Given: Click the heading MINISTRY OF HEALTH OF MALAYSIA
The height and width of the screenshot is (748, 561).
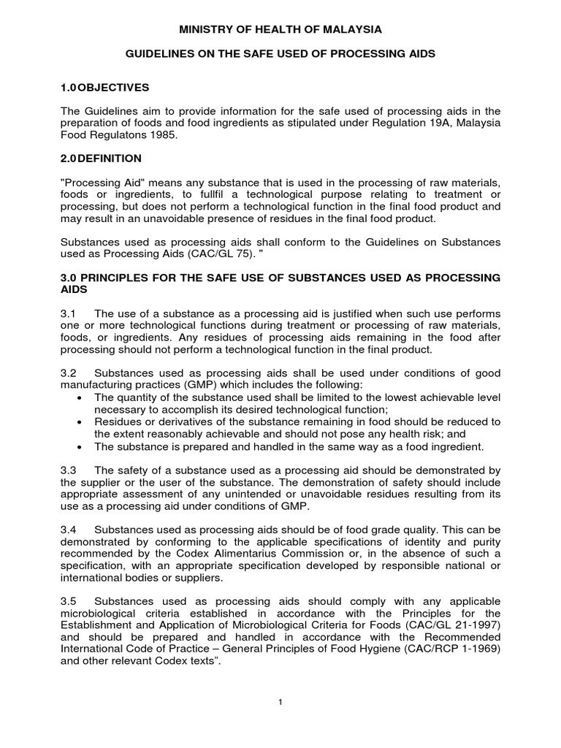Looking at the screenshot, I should click(x=280, y=29).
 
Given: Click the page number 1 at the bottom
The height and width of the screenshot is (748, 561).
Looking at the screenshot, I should click(x=280, y=702).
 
